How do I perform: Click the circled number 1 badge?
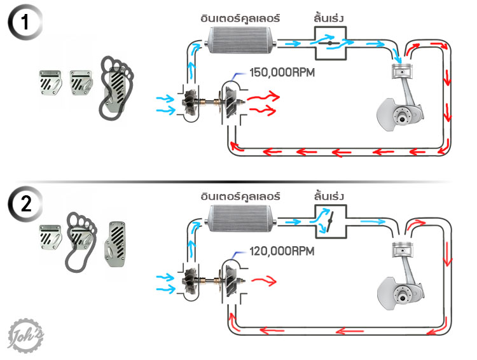(25, 22)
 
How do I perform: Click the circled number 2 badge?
(25, 204)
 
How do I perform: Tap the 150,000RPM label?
(282, 73)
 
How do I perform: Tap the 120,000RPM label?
(282, 251)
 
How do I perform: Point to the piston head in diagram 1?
(402, 71)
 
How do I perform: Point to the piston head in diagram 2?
(402, 249)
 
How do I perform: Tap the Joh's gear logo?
(25, 336)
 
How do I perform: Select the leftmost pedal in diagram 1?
(50, 83)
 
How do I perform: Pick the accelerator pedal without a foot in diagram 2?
(114, 244)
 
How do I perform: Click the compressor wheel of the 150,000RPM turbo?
(190, 102)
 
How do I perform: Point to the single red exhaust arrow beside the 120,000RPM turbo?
(264, 280)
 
